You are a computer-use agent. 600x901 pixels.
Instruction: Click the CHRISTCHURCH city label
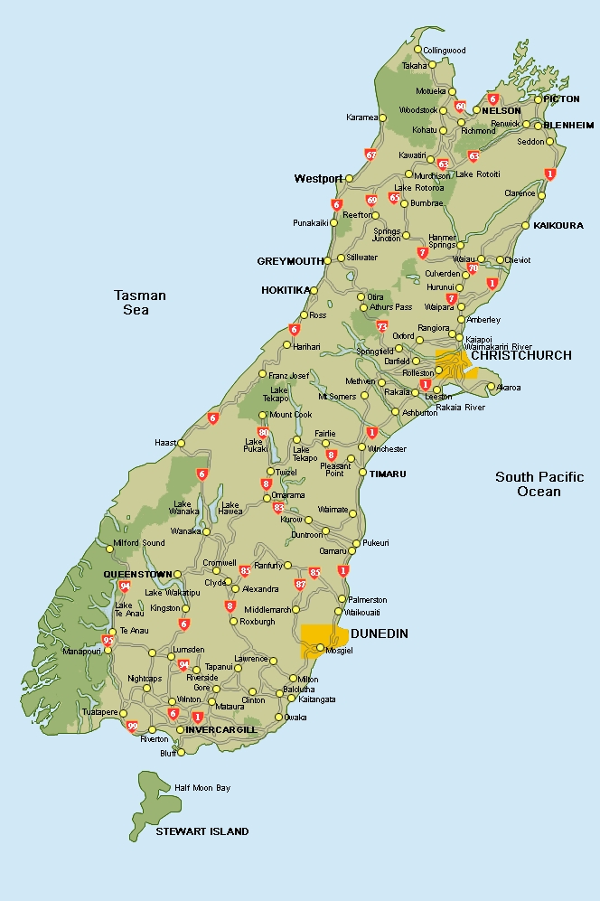(x=521, y=355)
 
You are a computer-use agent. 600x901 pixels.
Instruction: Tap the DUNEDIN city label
(x=379, y=634)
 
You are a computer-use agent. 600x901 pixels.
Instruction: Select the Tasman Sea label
(x=140, y=303)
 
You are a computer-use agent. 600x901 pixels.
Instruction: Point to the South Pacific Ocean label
(x=539, y=484)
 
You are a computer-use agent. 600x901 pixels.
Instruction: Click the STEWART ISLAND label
(x=202, y=831)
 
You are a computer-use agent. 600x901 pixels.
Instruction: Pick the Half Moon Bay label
(x=202, y=788)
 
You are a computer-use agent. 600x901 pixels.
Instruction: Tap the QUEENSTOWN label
(x=137, y=574)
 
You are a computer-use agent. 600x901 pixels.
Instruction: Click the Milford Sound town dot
(x=109, y=549)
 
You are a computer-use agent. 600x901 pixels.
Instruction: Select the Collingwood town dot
(x=417, y=50)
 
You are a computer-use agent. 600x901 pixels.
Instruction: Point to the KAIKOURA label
(x=558, y=225)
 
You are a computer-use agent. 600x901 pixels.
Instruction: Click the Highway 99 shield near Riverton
(x=133, y=726)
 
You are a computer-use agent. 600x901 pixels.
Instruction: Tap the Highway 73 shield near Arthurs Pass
(x=382, y=326)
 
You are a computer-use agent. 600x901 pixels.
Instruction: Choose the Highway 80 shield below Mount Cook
(x=263, y=433)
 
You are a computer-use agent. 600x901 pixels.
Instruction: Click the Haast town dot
(x=181, y=443)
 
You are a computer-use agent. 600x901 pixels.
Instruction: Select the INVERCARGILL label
(x=221, y=729)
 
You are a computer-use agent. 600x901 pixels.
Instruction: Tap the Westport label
(x=318, y=179)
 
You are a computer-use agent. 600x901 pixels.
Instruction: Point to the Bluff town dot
(x=181, y=752)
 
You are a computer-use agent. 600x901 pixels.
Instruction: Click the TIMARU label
(x=388, y=474)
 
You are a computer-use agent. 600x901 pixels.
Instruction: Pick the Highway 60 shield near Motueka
(x=460, y=106)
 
